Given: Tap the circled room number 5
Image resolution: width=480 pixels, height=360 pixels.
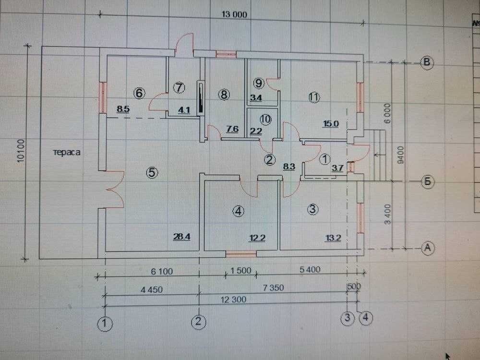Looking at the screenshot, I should point(152,173).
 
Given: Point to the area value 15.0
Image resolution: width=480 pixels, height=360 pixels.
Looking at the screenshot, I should point(331,123).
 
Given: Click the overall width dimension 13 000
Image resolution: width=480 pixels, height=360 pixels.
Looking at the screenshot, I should point(234,14).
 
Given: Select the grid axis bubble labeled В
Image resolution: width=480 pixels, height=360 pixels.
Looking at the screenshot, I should point(427,62).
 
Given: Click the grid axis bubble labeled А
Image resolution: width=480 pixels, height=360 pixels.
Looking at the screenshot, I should point(427,247).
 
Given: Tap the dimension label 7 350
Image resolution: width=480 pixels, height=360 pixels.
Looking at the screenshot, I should point(274,288).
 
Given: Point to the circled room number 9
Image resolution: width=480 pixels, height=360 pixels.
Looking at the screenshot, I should point(259,84).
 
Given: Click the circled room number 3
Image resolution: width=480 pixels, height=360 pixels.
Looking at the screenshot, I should point(312,209).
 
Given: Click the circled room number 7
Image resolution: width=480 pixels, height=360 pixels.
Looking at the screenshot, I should point(179,87).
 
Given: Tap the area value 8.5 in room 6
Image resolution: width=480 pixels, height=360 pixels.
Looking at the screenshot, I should point(123,109).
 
